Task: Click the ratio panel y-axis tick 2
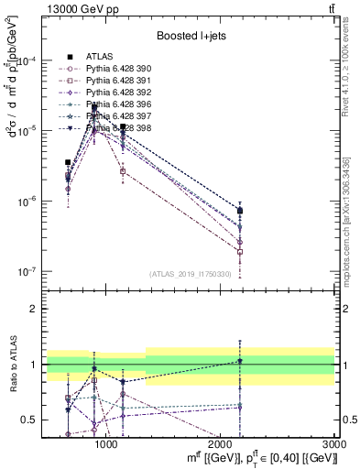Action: [33, 309]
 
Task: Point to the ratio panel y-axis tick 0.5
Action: [29, 420]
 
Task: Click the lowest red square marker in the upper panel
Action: [240, 251]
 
